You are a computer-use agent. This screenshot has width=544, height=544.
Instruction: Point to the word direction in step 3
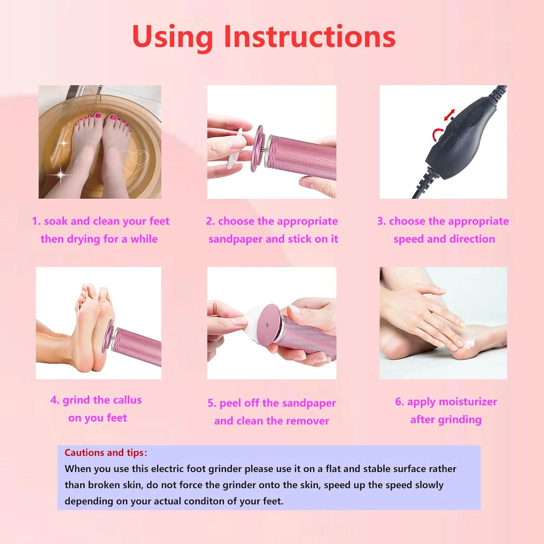pyautogui.click(x=472, y=239)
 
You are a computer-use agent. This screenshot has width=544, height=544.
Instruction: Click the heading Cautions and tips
pyautogui.click(x=106, y=453)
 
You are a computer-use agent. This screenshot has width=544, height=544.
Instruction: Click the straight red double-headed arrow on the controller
pyautogui.click(x=449, y=115)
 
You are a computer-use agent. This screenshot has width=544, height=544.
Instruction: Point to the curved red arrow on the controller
pyautogui.click(x=437, y=134)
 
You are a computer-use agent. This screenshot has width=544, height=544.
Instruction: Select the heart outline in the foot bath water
pyautogui.click(x=133, y=158)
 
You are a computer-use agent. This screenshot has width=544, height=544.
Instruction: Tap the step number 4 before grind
pyautogui.click(x=54, y=400)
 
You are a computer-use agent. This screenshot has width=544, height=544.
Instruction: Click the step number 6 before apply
pyautogui.click(x=399, y=402)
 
